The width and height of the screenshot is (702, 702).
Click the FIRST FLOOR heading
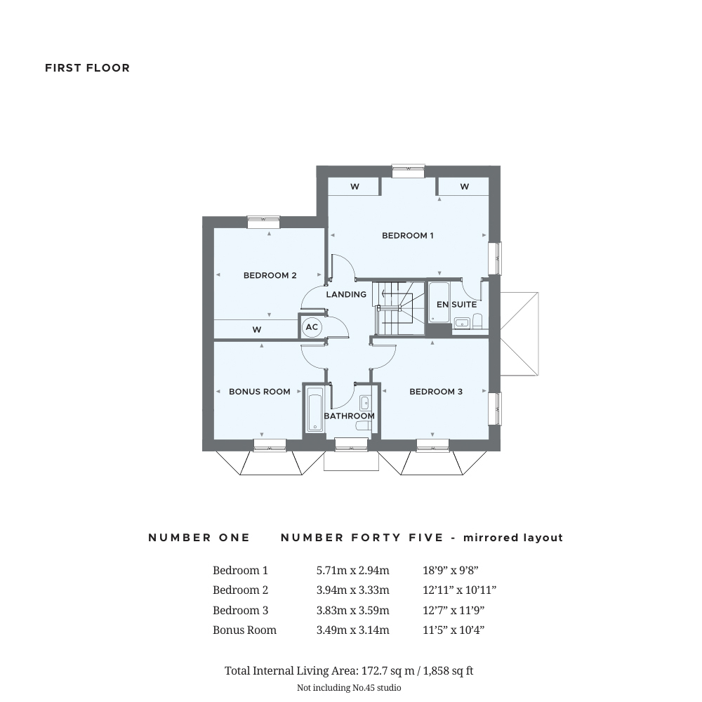(x=87, y=68)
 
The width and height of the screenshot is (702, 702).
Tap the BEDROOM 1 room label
(x=407, y=235)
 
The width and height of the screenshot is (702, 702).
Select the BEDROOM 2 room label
(x=270, y=275)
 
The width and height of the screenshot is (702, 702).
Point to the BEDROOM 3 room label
(x=436, y=392)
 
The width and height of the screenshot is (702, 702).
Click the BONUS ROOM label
(x=259, y=392)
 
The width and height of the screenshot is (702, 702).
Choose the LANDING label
(x=346, y=295)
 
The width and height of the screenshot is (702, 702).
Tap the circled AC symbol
(x=312, y=327)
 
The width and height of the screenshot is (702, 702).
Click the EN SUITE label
(x=457, y=305)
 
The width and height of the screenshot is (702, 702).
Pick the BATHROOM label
(x=349, y=416)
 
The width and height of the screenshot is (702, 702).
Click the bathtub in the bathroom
(x=314, y=410)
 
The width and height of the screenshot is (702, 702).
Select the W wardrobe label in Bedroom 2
(x=256, y=330)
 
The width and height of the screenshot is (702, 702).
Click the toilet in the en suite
(x=477, y=321)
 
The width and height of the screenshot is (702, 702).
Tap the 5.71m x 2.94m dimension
(x=353, y=570)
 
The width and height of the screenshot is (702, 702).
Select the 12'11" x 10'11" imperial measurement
(x=459, y=590)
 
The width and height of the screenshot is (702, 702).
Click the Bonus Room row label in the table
(x=244, y=630)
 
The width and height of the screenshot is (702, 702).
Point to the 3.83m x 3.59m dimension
(x=353, y=610)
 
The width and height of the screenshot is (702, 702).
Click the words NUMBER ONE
(x=199, y=538)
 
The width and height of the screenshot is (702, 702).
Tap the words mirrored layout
(x=513, y=538)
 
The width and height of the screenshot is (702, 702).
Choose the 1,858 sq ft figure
(x=448, y=670)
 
